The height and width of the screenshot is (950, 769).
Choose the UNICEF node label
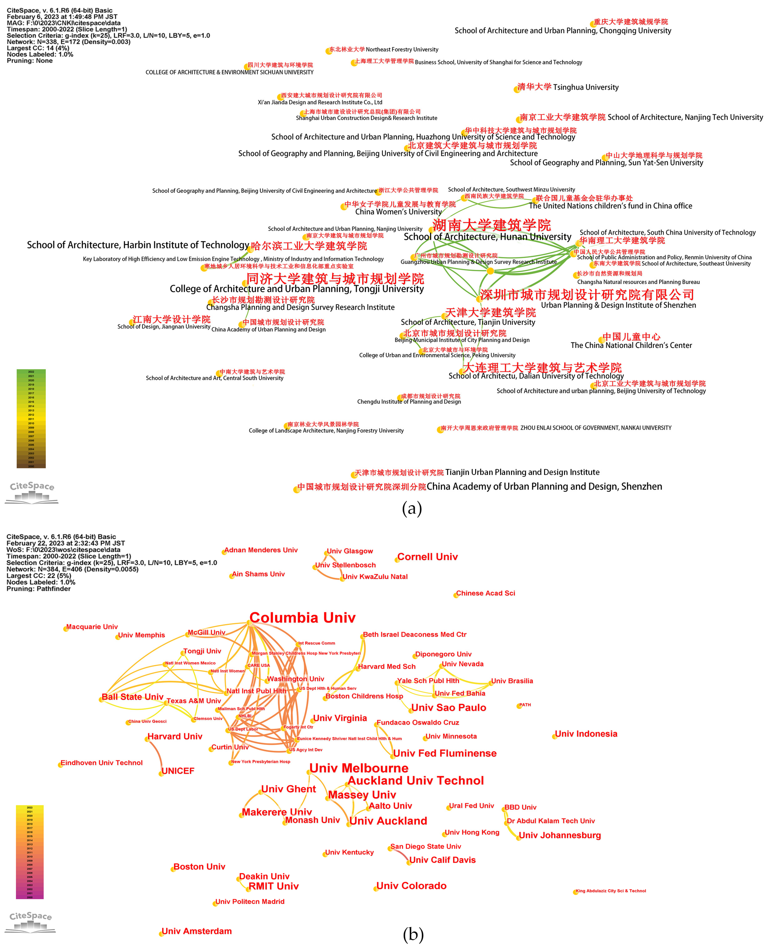click(178, 771)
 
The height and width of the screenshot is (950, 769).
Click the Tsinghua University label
click(586, 87)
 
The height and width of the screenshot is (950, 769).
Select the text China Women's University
click(398, 212)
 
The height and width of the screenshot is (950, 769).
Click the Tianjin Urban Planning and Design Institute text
click(522, 472)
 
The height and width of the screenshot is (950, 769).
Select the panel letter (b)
click(413, 935)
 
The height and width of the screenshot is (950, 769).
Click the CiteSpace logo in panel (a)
click(32, 492)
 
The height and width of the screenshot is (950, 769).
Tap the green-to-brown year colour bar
click(31, 419)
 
